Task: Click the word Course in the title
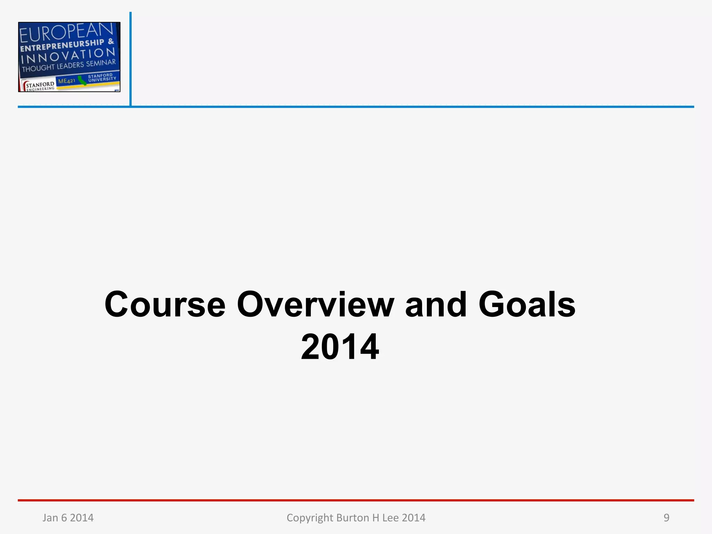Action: click(165, 305)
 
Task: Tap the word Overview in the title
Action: click(315, 305)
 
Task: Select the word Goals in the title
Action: click(527, 305)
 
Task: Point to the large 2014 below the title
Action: click(340, 347)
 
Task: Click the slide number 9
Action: click(666, 518)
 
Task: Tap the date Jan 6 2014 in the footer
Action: click(68, 518)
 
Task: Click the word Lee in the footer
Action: click(390, 518)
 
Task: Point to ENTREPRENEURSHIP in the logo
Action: click(63, 45)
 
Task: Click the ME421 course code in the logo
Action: click(66, 81)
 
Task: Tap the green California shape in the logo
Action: click(82, 81)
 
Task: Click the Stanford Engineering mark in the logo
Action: click(39, 86)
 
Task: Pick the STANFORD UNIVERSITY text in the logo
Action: click(102, 77)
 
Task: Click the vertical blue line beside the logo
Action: click(130, 59)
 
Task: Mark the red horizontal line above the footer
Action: click(356, 500)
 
